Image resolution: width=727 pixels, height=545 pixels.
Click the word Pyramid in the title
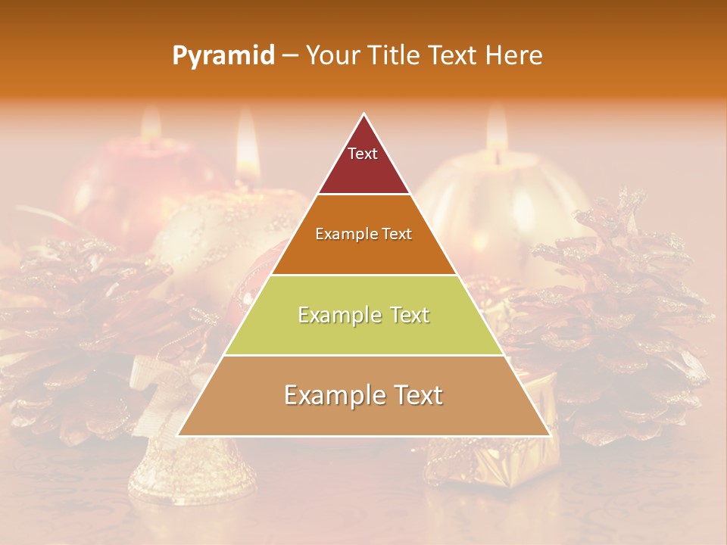click(x=223, y=56)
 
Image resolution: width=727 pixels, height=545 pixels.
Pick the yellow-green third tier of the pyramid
click(x=363, y=333)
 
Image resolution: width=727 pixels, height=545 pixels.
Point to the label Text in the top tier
click(x=362, y=154)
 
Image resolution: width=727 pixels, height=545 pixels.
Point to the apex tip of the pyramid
click(x=363, y=115)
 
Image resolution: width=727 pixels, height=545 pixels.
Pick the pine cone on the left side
click(x=83, y=333)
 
